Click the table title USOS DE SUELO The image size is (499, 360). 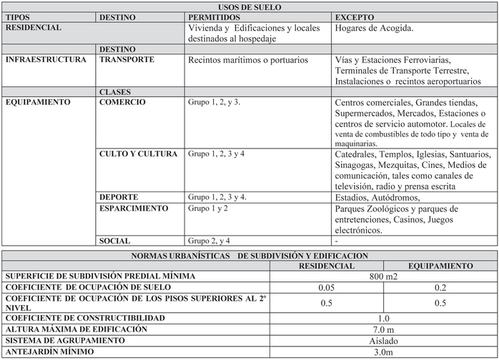coord(249,6)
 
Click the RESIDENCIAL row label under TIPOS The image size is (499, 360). coord(34,28)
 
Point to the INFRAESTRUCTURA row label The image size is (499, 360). coord(46,60)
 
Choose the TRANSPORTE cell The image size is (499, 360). coord(127,60)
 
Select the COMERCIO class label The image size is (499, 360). coord(122,102)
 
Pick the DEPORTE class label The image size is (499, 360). coord(119,197)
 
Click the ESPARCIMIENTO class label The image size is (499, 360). coord(134,209)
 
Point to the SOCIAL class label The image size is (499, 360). coord(115,241)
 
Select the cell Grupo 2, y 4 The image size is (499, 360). coord(209,241)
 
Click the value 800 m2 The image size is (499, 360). coord(384,276)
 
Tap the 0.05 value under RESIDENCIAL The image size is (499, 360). coord(327,286)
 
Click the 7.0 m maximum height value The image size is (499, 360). coord(384,329)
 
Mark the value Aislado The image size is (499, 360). coord(384,341)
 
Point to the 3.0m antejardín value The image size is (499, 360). coord(384,352)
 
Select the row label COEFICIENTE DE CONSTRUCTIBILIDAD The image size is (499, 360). coord(85,318)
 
